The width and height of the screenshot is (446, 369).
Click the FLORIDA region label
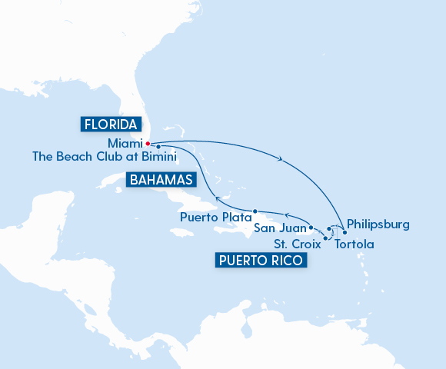111,124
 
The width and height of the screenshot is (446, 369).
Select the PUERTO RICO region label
261,261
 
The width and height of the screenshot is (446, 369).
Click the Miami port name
125,142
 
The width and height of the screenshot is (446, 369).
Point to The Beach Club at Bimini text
105,156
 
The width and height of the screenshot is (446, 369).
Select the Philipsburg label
378,225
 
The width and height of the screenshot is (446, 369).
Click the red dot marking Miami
148,142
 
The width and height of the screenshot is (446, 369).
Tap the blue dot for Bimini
158,146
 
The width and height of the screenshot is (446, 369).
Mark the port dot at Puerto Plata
255,211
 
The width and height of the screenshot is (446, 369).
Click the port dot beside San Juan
311,228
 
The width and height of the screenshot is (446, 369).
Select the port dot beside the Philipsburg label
344,232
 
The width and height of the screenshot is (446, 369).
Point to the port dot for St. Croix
326,239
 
